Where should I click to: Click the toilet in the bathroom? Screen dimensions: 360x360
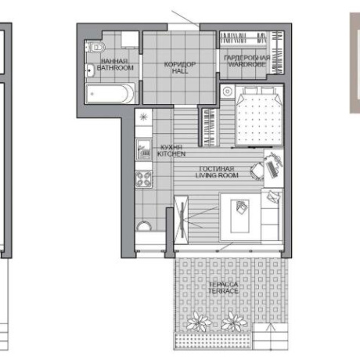[95, 47]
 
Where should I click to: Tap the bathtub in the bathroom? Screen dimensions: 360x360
[110, 94]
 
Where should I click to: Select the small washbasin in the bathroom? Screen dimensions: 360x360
[90, 70]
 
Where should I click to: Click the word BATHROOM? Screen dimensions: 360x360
[115, 68]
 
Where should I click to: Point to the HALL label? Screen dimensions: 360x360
[180, 70]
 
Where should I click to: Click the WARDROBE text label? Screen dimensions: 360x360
[247, 64]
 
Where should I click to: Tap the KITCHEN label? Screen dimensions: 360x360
[171, 154]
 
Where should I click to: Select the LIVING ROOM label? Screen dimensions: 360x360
[217, 175]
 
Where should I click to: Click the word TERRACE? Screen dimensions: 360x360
[223, 291]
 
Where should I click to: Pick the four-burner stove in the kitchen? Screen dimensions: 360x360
[143, 179]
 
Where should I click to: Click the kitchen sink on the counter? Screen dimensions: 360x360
[144, 149]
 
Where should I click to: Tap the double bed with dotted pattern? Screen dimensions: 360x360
[259, 117]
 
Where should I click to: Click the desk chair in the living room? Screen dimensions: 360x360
[257, 171]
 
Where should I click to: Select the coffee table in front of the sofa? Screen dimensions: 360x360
[239, 216]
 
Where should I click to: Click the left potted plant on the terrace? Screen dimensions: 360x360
[198, 322]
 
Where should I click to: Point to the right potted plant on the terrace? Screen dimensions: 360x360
[234, 322]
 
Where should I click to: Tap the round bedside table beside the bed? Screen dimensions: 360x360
[228, 92]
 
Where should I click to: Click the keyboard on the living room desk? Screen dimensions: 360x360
[272, 169]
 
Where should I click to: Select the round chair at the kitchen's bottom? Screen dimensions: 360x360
[144, 225]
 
